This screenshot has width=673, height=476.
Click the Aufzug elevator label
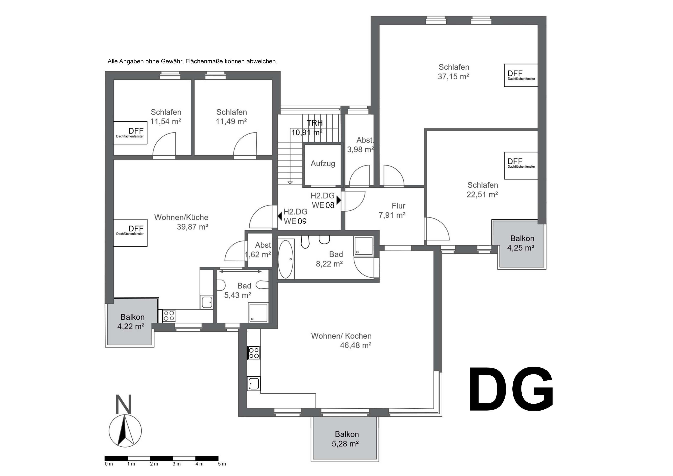pos(323,163)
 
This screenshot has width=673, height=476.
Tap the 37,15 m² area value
pos(454,77)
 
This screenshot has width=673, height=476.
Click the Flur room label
pos(398,206)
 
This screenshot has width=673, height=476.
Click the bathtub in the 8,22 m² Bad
pos(285,259)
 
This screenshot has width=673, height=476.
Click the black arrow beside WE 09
pos(280,216)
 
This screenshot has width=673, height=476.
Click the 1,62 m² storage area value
pos(258,255)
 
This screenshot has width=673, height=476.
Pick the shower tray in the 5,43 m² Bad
pos(258,313)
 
